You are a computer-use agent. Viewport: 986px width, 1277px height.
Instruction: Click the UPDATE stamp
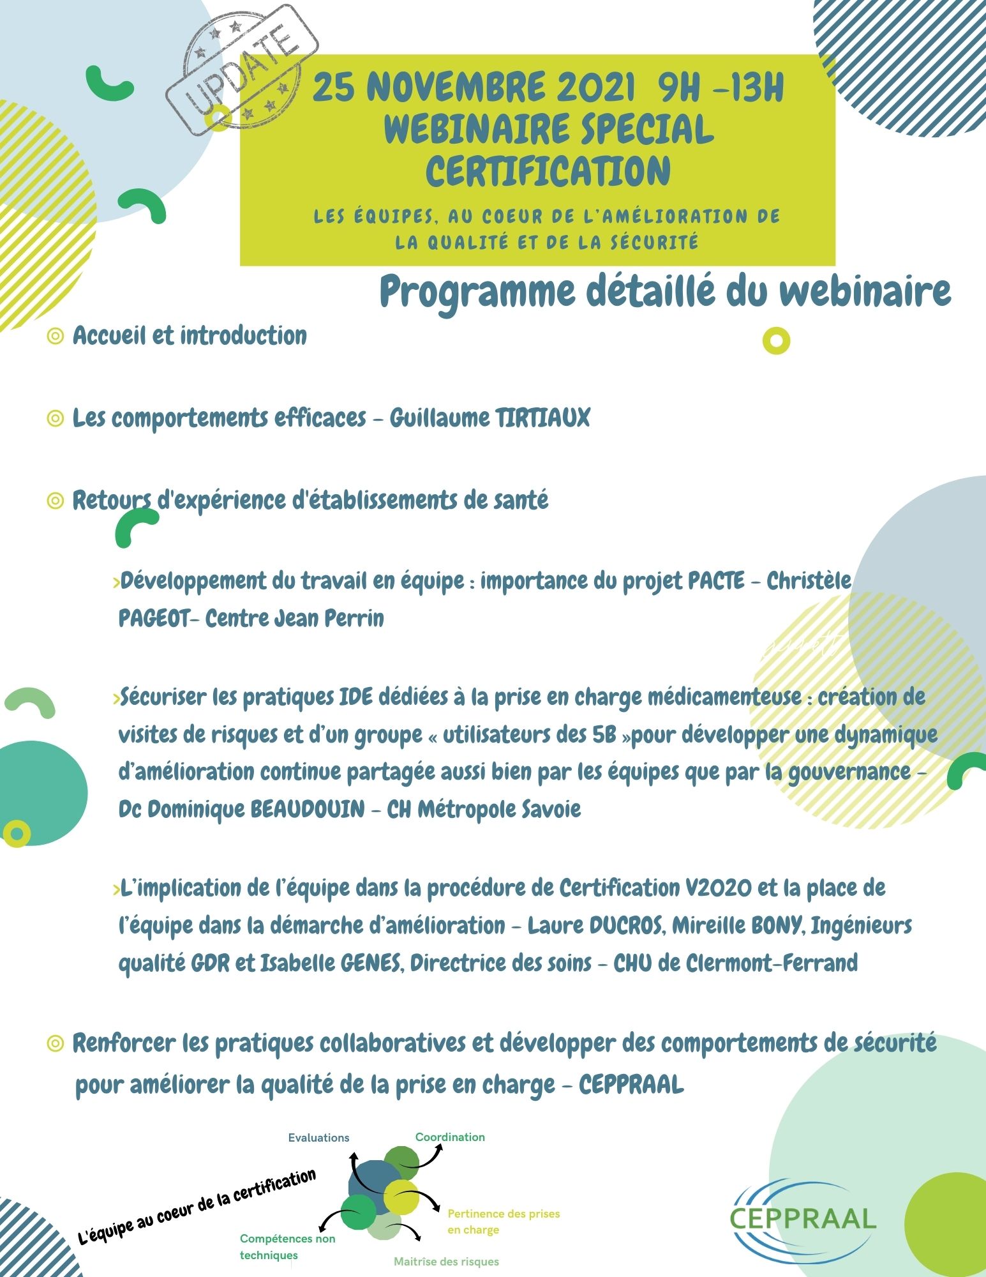point(242,71)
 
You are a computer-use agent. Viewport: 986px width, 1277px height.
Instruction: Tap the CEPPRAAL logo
point(802,1218)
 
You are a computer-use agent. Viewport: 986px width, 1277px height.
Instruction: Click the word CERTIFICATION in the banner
point(548,171)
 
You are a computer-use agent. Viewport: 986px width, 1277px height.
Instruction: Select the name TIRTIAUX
point(542,419)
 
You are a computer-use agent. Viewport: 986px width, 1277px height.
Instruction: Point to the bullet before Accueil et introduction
point(56,336)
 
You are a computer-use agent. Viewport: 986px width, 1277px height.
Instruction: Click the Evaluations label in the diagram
point(318,1138)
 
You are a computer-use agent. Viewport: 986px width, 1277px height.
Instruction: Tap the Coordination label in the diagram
point(450,1137)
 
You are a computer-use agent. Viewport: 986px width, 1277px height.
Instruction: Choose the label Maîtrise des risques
point(446,1262)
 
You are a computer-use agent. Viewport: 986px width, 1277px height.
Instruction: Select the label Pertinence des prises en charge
point(503,1221)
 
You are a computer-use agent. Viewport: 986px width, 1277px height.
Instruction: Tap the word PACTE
point(716,581)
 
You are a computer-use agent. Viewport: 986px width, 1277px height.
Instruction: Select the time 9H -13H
point(721,87)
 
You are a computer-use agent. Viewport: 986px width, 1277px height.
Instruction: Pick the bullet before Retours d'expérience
point(56,501)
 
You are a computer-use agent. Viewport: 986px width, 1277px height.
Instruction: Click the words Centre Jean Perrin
point(295,619)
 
